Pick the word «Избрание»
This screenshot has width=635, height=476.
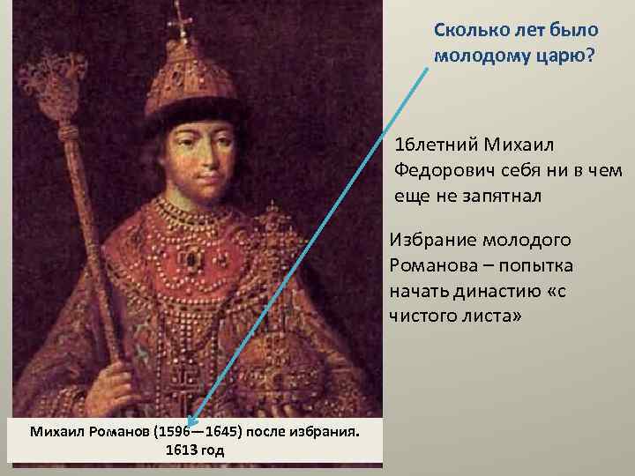click(x=429, y=240)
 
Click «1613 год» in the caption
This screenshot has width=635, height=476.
click(x=194, y=450)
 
